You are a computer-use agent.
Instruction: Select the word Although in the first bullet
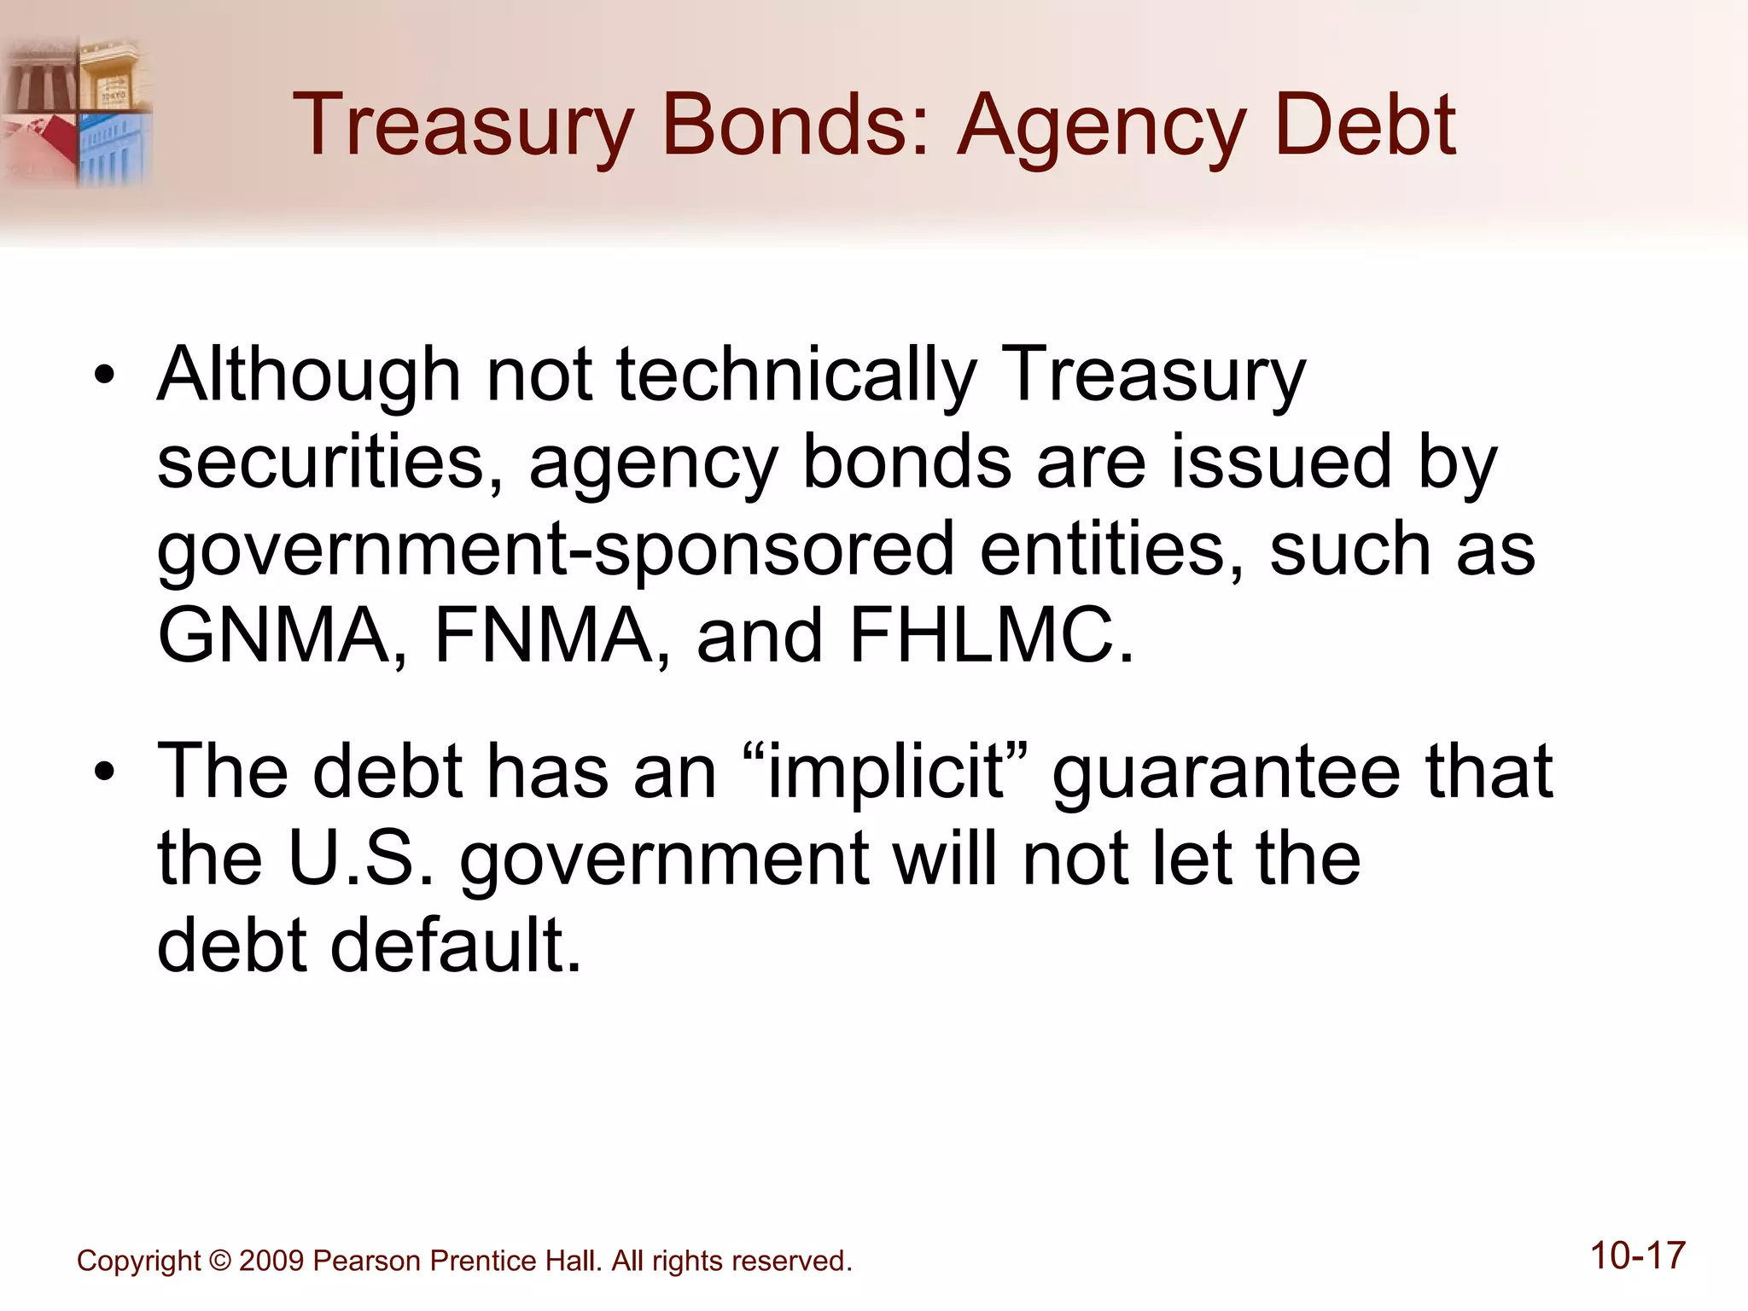click(309, 376)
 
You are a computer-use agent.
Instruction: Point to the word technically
click(796, 376)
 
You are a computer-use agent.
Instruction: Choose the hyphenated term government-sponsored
click(556, 551)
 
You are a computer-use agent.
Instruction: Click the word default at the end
click(456, 946)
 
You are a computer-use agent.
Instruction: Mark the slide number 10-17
click(1638, 1256)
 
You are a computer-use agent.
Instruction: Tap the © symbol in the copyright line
click(220, 1261)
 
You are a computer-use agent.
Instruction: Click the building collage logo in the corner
click(77, 111)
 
